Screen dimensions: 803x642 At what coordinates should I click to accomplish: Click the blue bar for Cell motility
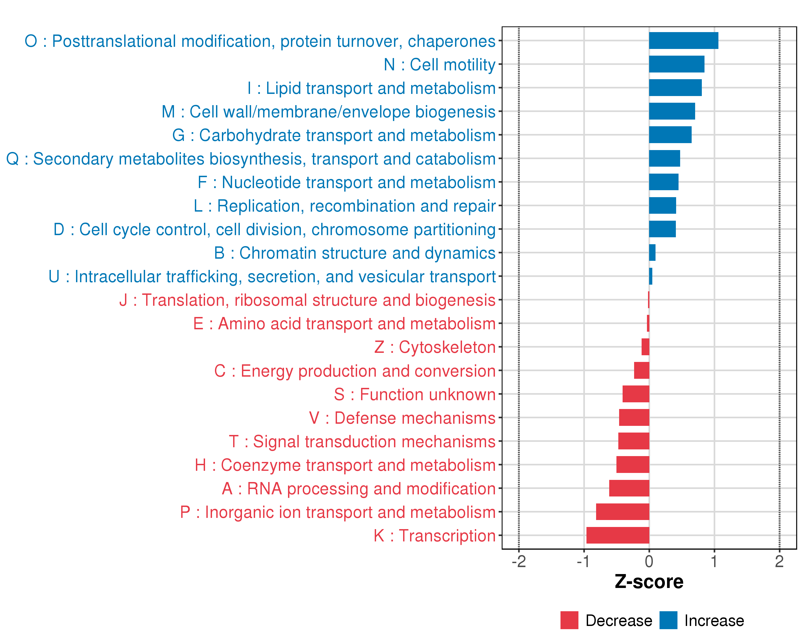pos(676,64)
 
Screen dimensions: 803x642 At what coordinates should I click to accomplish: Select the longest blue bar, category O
pos(683,41)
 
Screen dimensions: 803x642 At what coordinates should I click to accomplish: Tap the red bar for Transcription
pos(618,535)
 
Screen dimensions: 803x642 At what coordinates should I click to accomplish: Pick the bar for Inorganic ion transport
pos(623,512)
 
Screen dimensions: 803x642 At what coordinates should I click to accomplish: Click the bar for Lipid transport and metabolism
pos(675,87)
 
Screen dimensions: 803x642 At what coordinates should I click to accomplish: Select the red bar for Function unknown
pos(636,394)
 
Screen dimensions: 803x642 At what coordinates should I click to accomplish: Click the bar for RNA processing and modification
pos(629,488)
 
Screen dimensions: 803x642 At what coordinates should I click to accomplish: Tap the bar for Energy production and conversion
pos(642,370)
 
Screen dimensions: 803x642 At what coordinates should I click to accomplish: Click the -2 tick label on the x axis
pos(519,561)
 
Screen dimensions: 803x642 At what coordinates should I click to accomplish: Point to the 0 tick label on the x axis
pos(649,561)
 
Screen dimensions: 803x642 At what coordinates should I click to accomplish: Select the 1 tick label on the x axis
pos(714,561)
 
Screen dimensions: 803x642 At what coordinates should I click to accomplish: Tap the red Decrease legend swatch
pos(570,620)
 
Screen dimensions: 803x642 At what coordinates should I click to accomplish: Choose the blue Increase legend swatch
pos(669,620)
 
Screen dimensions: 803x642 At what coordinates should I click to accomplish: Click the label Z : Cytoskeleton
pos(435,347)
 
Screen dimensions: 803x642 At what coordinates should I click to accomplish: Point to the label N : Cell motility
pos(440,65)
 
